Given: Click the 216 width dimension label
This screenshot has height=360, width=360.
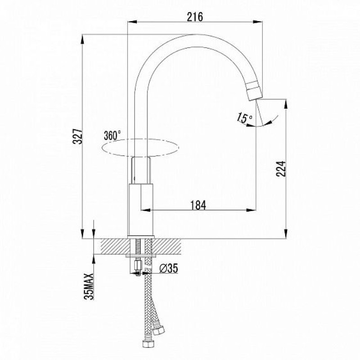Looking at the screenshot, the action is (x=195, y=17).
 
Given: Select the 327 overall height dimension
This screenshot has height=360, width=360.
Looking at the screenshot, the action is (x=77, y=136).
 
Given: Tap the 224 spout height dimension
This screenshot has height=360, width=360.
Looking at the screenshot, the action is (x=281, y=168).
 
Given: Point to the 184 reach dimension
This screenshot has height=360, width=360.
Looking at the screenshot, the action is (x=198, y=205).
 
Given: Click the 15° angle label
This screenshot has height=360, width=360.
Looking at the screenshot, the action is (x=244, y=117).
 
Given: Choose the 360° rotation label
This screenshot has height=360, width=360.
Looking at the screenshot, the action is (x=112, y=135).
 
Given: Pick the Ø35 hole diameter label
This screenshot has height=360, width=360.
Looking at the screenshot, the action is (x=169, y=268).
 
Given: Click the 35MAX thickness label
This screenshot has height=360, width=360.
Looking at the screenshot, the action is (x=89, y=286).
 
